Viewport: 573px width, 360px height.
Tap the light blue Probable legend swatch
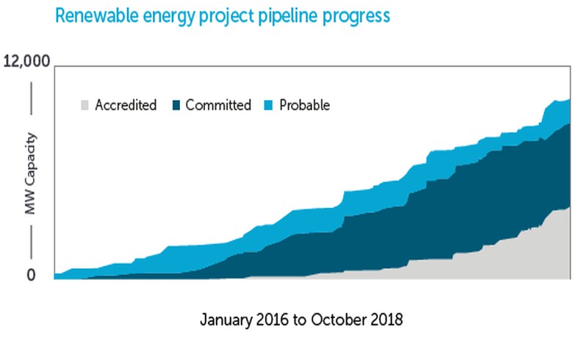pyautogui.click(x=269, y=105)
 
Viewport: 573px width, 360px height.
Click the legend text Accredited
pyautogui.click(x=126, y=105)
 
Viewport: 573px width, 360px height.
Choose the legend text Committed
pyautogui.click(x=218, y=105)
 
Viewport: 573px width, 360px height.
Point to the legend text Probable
pyautogui.click(x=305, y=105)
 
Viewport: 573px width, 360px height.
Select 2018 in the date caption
pyautogui.click(x=387, y=320)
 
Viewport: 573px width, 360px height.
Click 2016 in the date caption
pyautogui.click(x=272, y=320)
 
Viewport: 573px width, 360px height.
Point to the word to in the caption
pyautogui.click(x=298, y=320)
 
